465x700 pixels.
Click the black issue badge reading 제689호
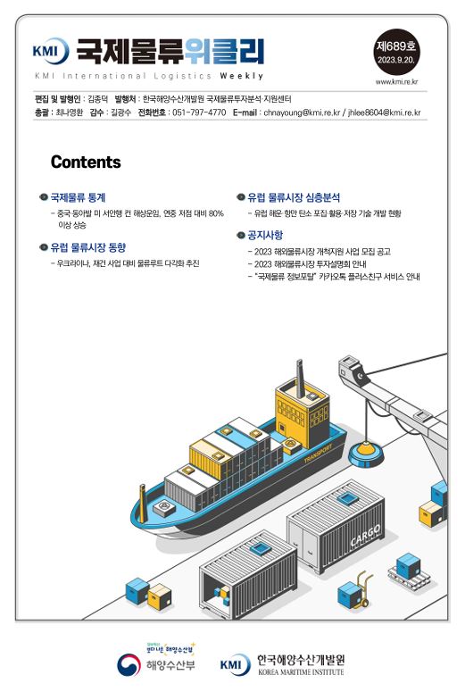pos(395,52)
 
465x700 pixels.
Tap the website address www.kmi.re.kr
pos(396,81)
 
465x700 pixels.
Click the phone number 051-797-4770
pos(199,112)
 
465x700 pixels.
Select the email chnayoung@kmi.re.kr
pos(302,112)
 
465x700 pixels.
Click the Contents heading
pos(86,162)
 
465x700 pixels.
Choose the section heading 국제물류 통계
pos(78,197)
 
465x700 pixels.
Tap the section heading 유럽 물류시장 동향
pos(87,247)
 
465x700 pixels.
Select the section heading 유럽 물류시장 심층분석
pos(294,197)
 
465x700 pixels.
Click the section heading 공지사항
pos(265,235)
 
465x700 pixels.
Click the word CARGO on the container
pos(366,535)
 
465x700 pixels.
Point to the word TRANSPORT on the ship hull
pos(318,454)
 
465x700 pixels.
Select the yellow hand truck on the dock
pos(361,588)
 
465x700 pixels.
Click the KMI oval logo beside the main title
pos(50,50)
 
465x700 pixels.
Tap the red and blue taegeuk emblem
pos(129,665)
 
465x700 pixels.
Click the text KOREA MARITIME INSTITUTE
pos(301,671)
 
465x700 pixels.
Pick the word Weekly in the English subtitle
pos(241,76)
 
